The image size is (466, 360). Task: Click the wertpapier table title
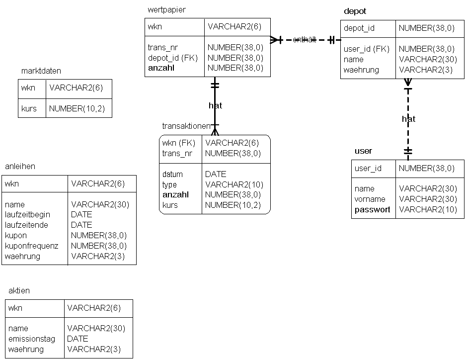tap(166, 10)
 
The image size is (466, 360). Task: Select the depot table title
tap(355, 11)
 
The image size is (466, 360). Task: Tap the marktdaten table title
tap(41, 71)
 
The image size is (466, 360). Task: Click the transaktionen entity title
tap(186, 126)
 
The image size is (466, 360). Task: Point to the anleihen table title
tap(20, 167)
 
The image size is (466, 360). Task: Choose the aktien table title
tap(19, 290)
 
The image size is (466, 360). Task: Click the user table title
tap(363, 151)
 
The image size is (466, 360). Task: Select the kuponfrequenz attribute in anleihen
tap(31, 246)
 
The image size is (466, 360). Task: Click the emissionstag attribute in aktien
tap(32, 339)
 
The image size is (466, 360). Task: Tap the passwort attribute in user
tap(373, 209)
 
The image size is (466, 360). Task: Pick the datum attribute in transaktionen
tap(172, 174)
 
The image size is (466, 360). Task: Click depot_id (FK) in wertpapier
tap(172, 58)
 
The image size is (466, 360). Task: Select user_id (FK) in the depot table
tap(367, 49)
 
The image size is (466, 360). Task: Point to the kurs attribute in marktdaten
tap(29, 108)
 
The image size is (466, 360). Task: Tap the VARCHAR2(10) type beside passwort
tap(428, 209)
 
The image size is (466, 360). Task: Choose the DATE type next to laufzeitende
tap(81, 225)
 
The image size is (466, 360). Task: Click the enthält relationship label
tap(305, 40)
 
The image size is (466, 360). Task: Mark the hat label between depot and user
tap(408, 119)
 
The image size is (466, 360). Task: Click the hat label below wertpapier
tap(215, 105)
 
